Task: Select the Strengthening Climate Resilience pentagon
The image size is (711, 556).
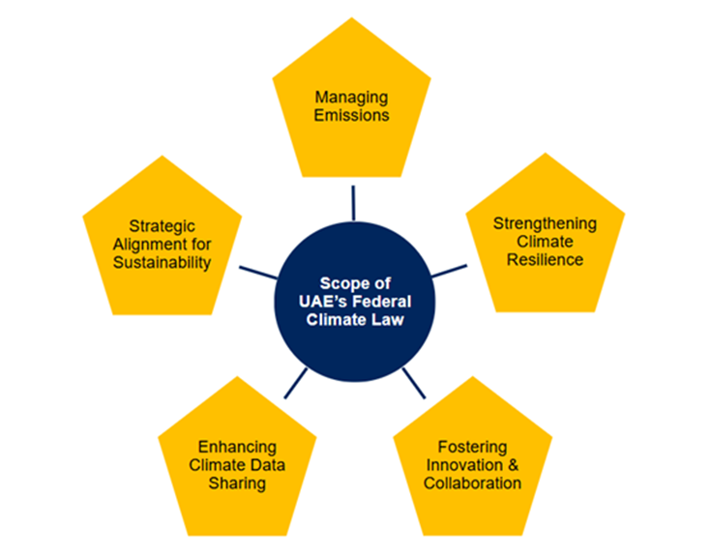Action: [546, 242]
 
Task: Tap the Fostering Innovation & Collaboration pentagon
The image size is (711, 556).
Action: [472, 464]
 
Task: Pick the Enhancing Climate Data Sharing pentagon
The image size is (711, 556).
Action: [237, 464]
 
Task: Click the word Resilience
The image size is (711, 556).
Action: [546, 259]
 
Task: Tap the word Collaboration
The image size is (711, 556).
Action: [472, 483]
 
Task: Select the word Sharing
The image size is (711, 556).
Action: [237, 483]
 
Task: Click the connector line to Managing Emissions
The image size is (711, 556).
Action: [353, 202]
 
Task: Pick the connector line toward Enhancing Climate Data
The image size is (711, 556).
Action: [292, 383]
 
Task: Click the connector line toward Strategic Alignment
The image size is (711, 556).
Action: [258, 272]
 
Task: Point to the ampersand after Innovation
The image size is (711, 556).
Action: [513, 463]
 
